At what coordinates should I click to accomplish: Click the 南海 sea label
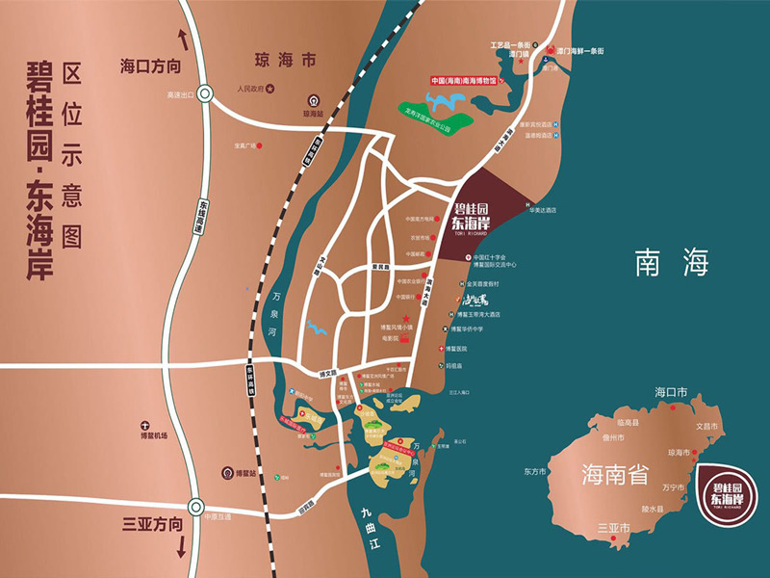pos(672,262)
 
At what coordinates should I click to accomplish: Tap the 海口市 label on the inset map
pos(671,392)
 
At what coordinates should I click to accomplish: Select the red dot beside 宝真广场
pos(260,146)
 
